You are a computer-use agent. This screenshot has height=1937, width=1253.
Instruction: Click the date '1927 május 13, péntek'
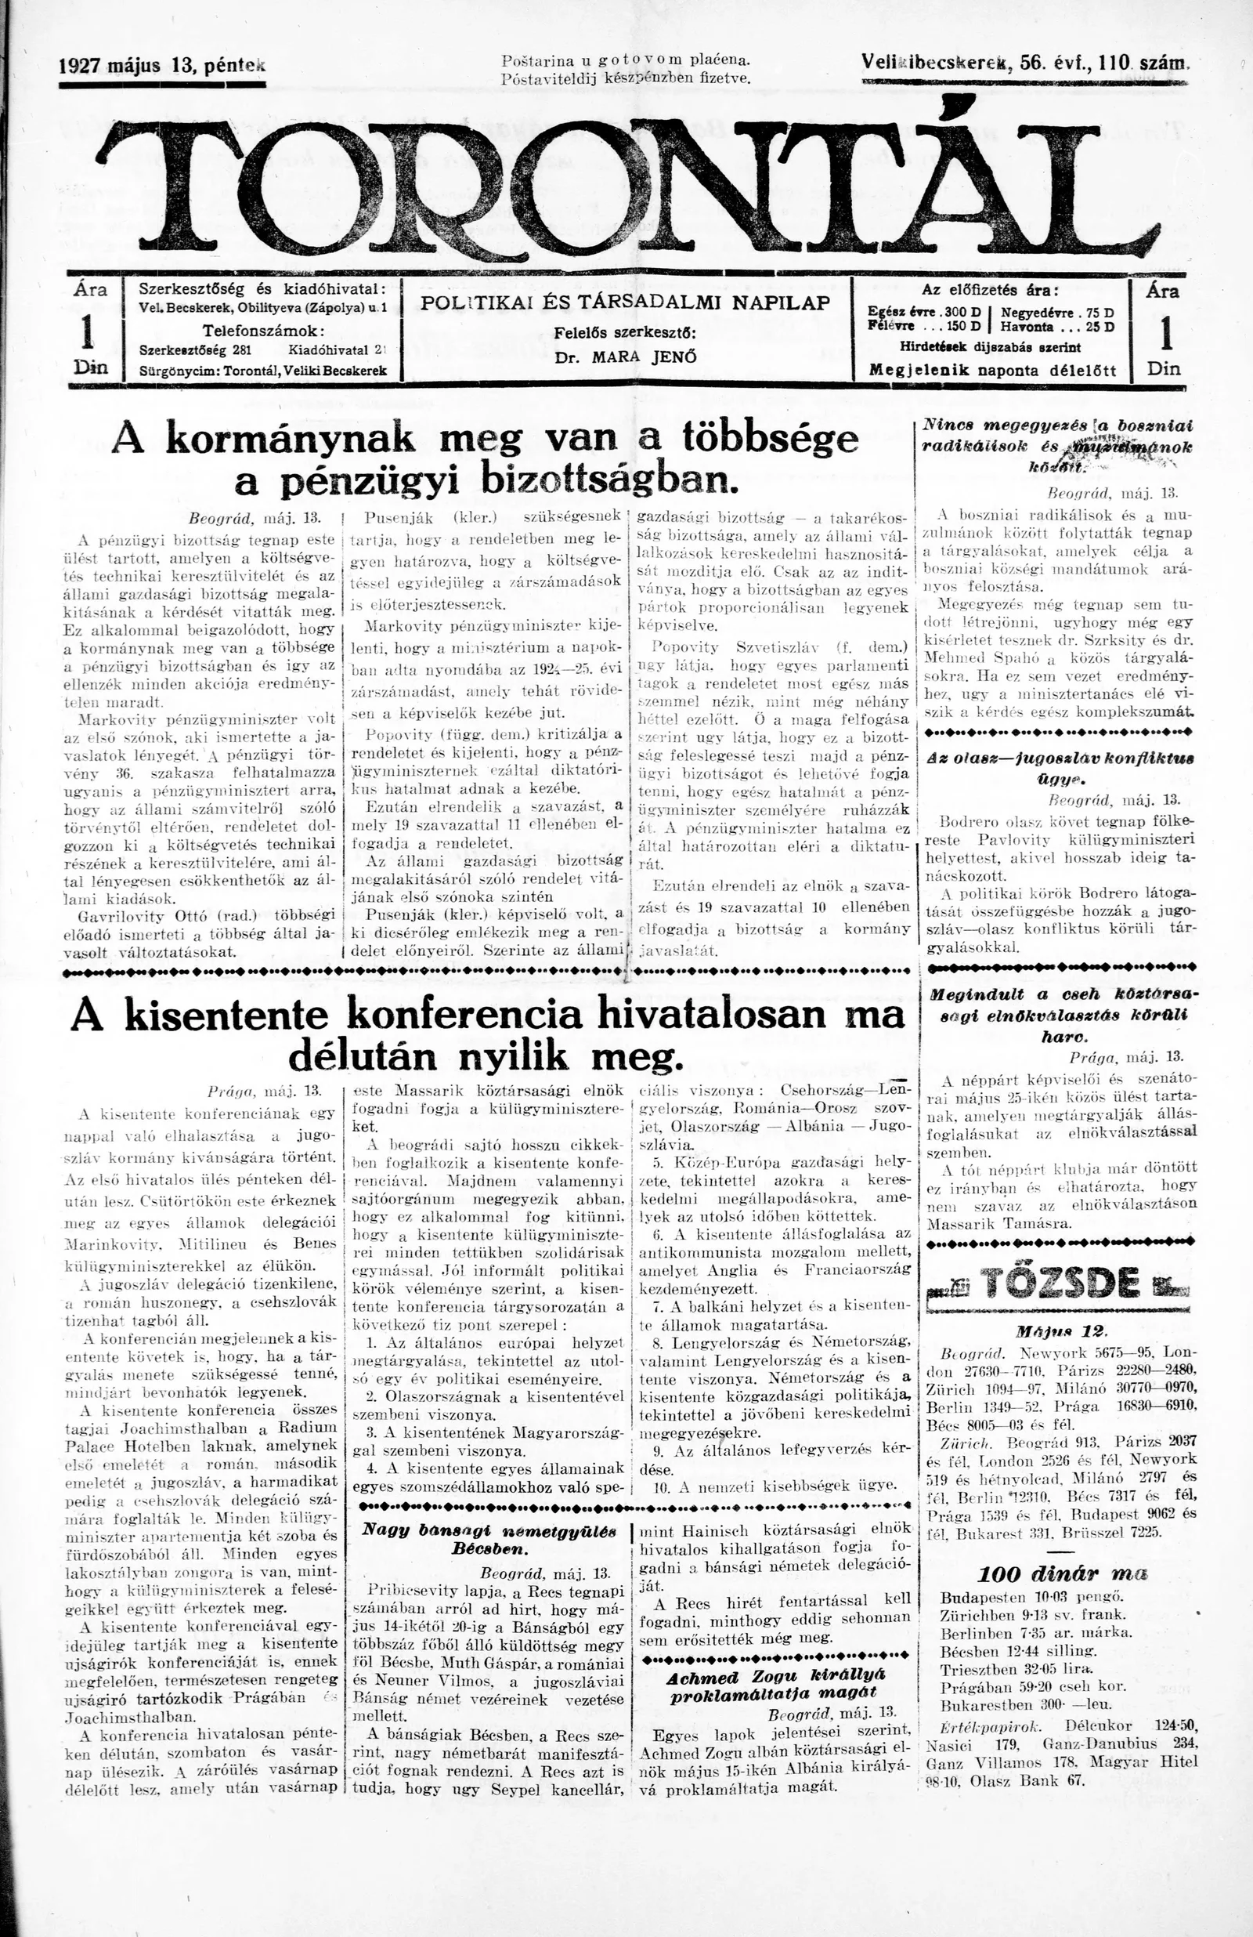pyautogui.click(x=163, y=67)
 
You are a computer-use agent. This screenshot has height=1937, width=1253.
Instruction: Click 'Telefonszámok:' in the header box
pyautogui.click(x=264, y=331)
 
